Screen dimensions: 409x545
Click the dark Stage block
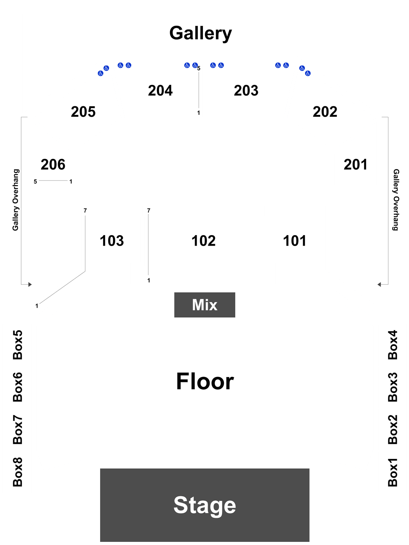point(204,505)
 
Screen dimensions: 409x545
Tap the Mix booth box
point(204,305)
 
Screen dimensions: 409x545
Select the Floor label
point(205,381)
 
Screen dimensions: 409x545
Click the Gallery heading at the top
point(201,33)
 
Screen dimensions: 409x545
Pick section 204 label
point(160,90)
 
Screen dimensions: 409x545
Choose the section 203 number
point(246,90)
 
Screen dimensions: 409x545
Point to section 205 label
point(83,112)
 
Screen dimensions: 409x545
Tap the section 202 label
point(325,112)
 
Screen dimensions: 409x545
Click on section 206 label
point(53,164)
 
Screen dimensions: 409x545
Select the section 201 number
point(355,164)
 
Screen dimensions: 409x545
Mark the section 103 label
point(112,241)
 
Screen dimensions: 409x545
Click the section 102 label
point(203,241)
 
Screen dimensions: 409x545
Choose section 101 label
point(294,241)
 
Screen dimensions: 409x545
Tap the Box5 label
point(18,345)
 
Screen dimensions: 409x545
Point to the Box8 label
point(18,472)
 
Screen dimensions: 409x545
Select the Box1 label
point(393,472)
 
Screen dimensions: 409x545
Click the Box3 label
point(393,387)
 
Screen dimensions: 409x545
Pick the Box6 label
point(18,387)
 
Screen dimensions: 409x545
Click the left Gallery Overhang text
point(16,200)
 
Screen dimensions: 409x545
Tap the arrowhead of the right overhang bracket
point(379,285)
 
